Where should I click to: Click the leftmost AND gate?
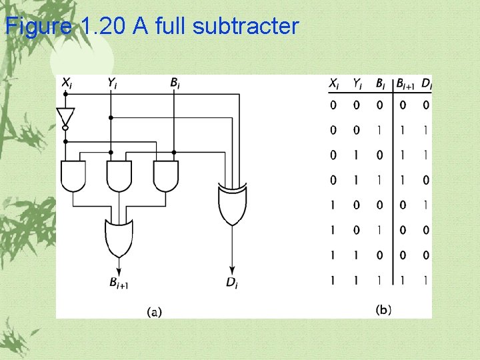pos(73,175)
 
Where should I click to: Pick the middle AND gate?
pos(119,175)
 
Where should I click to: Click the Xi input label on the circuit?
pos(67,83)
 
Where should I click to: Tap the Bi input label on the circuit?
pos(174,83)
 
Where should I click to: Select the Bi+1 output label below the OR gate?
pos(119,283)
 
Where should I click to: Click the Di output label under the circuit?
pos(231,283)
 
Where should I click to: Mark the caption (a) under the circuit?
pos(155,311)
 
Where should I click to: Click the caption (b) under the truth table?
pos(383,309)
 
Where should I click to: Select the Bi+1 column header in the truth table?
pos(405,84)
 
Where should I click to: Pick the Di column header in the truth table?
pos(427,84)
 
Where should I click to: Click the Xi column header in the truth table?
pos(333,84)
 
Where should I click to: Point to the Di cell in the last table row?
pos(426,281)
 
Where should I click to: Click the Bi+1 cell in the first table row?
pos(402,105)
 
